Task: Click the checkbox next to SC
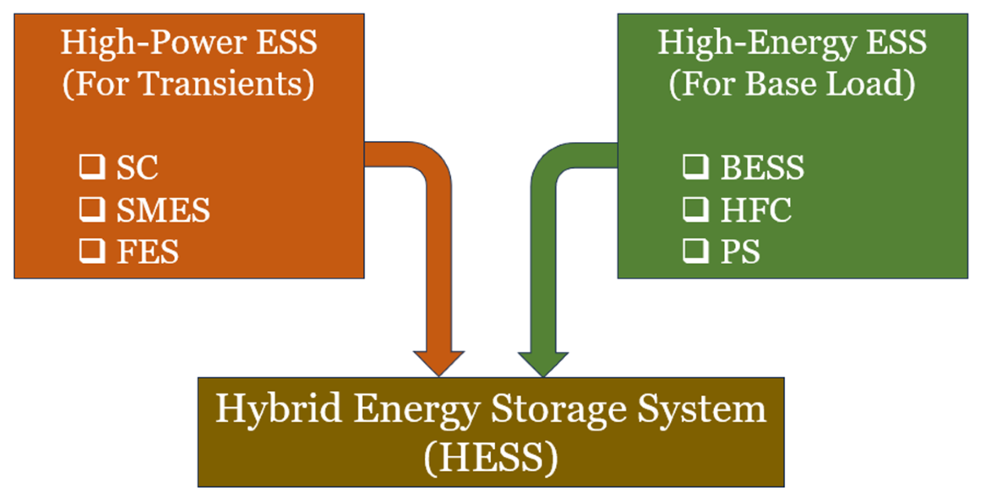[x=92, y=166]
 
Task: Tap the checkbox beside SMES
[x=92, y=209]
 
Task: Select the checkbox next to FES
[x=92, y=251]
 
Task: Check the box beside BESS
[x=695, y=166]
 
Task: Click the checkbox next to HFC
[x=695, y=209]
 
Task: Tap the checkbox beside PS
[x=695, y=251]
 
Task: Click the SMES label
[x=163, y=210]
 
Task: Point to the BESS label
[x=762, y=167]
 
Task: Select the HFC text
[x=756, y=210]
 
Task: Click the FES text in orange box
[x=148, y=252]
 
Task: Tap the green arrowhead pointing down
[x=543, y=363]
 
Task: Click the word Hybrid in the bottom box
[x=278, y=409]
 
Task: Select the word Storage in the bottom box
[x=559, y=409]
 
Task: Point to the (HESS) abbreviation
[x=491, y=458]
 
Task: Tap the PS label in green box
[x=740, y=252]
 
